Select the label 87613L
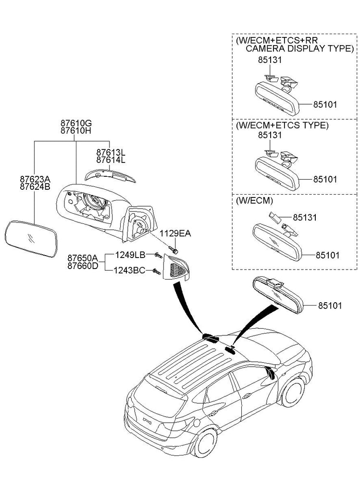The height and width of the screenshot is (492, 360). (111, 152)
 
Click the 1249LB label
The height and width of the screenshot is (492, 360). (130, 254)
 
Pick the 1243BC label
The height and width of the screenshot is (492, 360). (129, 271)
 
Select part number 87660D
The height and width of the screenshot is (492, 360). (83, 266)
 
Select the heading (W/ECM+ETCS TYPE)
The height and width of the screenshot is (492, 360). (281, 125)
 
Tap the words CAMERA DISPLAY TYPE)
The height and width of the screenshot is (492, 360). (299, 49)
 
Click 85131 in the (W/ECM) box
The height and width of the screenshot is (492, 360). (305, 217)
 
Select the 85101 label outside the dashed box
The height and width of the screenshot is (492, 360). (329, 305)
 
